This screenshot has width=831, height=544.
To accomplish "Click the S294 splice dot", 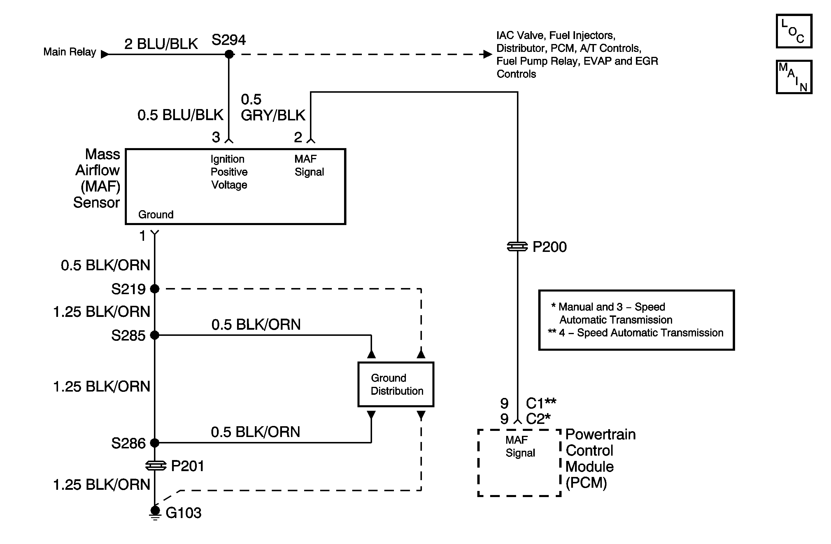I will [x=229, y=54].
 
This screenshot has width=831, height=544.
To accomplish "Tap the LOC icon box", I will [x=794, y=31].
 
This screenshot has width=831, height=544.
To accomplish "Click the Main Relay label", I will [x=69, y=52].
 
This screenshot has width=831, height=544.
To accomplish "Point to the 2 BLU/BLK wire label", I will [x=161, y=44].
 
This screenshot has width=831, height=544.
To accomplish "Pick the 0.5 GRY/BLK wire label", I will [x=273, y=108].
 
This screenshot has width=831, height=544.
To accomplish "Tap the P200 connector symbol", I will [x=517, y=247].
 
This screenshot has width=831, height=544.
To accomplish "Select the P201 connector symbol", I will [x=155, y=466].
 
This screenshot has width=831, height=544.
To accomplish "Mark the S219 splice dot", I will [x=155, y=289].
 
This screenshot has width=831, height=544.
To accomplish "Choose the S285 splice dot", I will [x=155, y=335].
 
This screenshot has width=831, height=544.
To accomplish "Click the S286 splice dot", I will [x=155, y=443].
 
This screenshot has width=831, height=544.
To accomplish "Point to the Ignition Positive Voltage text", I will [x=229, y=172].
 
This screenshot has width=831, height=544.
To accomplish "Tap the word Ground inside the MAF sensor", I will [x=156, y=214].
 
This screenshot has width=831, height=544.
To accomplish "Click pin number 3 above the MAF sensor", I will [x=216, y=137].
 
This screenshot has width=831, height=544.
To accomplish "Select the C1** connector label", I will [x=541, y=403].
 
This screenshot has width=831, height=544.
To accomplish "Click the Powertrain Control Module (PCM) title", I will [x=600, y=459].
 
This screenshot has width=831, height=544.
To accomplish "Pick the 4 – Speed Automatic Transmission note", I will [x=641, y=333].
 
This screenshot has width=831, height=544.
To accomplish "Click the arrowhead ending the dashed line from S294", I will [x=488, y=54].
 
